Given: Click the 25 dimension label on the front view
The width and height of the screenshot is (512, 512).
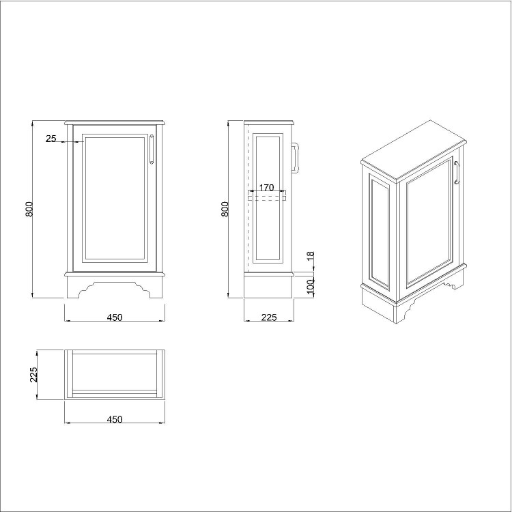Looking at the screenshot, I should pyautogui.click(x=51, y=139).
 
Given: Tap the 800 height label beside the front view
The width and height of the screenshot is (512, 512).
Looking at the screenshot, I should pyautogui.click(x=29, y=209).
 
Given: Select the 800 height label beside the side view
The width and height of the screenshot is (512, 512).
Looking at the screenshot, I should pyautogui.click(x=225, y=209).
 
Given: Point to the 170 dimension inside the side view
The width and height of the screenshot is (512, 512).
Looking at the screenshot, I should pyautogui.click(x=266, y=188).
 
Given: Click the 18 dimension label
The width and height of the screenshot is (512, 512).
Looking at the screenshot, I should pyautogui.click(x=311, y=257).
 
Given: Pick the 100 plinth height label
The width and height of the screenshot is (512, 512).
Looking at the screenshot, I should pyautogui.click(x=311, y=285).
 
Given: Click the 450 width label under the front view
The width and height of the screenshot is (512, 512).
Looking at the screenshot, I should pyautogui.click(x=115, y=317).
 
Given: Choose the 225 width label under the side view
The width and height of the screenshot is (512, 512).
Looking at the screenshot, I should pyautogui.click(x=269, y=317).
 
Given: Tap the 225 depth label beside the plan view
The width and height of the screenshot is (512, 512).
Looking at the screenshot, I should pyautogui.click(x=33, y=375).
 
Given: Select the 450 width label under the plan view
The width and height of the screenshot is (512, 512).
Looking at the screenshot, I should pyautogui.click(x=115, y=419).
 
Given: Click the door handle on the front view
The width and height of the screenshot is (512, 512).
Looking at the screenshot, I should pyautogui.click(x=152, y=150).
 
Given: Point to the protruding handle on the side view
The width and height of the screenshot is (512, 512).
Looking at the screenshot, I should pyautogui.click(x=296, y=159).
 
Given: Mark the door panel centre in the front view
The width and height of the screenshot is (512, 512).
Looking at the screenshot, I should pyautogui.click(x=115, y=198).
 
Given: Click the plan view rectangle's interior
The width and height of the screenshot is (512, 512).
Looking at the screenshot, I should pyautogui.click(x=115, y=372).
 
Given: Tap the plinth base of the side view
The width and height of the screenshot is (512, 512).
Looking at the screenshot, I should pyautogui.click(x=269, y=287).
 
